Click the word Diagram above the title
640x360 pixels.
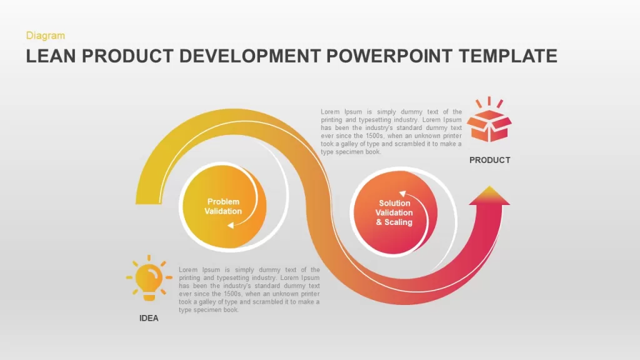45,36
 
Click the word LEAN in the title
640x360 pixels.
51,56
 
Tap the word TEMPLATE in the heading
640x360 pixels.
507,56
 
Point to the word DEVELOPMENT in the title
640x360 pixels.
250,56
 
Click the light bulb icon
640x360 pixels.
149,278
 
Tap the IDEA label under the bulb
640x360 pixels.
149,318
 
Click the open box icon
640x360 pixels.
489,119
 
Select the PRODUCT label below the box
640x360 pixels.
489,161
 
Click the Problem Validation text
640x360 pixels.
223,206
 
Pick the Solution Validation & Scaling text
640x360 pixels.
394,212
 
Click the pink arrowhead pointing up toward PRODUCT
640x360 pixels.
489,195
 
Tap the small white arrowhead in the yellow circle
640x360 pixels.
231,225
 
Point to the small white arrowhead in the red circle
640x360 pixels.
403,194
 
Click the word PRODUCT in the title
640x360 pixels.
127,56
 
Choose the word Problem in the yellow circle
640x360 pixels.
223,202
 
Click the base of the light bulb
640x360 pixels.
149,296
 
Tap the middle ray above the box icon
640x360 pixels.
489,101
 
